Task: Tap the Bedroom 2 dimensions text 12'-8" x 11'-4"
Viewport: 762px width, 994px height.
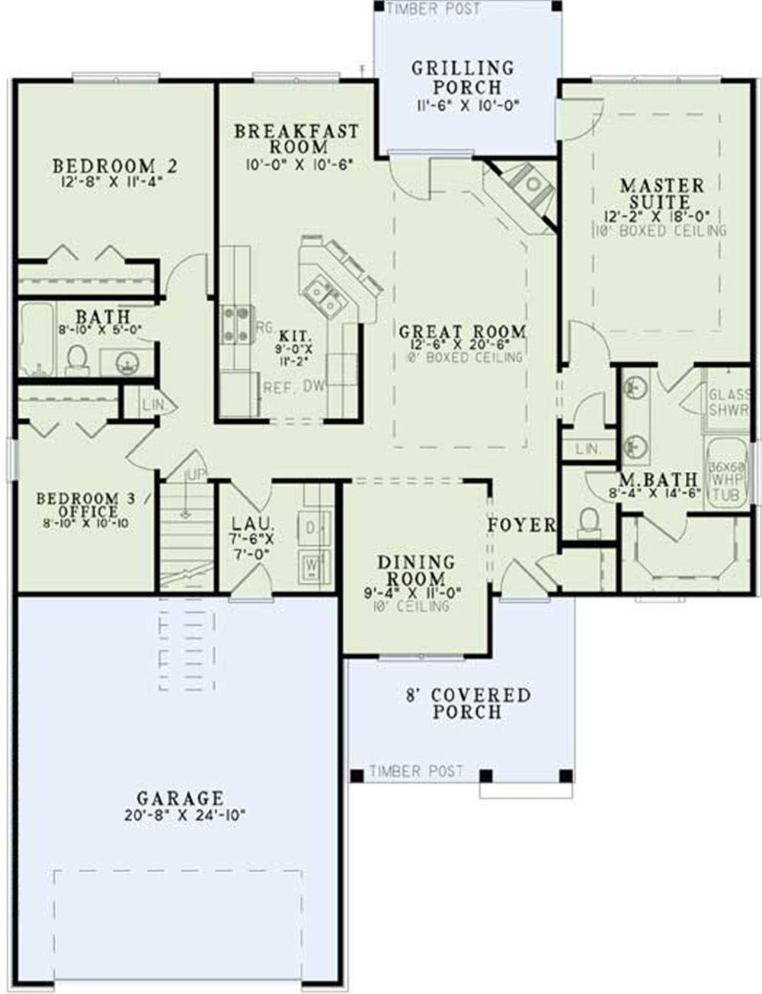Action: (115, 182)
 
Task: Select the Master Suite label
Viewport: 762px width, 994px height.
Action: (661, 194)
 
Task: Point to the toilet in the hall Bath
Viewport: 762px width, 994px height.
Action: (76, 358)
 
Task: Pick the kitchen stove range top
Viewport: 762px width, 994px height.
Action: (235, 325)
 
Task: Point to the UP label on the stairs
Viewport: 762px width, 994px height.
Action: (196, 475)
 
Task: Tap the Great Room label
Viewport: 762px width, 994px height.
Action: (463, 332)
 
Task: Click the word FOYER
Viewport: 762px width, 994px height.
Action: (522, 525)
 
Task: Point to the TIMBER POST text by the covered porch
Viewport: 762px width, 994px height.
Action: (416, 771)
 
